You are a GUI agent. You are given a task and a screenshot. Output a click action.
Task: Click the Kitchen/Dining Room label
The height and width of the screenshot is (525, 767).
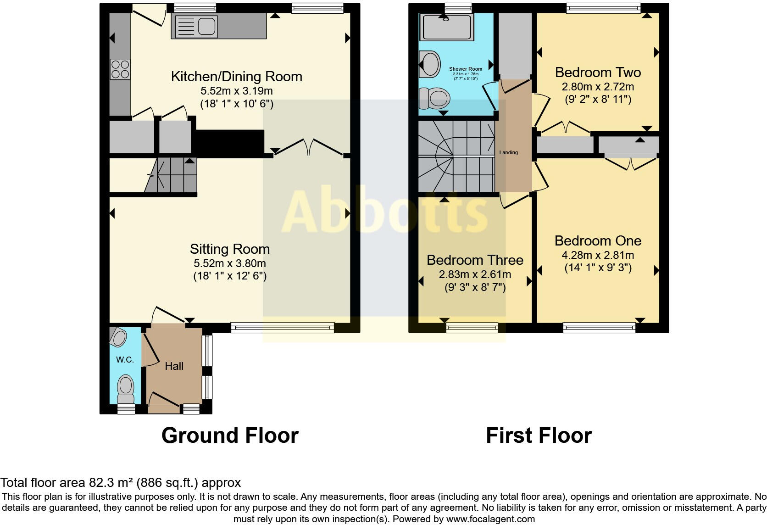236,76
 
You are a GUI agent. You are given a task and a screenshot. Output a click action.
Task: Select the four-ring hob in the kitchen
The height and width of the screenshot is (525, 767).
120,69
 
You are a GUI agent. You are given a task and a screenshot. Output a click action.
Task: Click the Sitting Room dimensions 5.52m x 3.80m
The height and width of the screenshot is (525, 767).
229,263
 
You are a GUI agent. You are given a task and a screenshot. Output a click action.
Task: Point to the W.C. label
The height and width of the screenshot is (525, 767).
125,360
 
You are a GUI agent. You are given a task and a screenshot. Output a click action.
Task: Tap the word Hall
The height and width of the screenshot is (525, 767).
174,366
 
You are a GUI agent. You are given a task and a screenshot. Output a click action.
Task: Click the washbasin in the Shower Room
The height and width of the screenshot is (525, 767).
429,64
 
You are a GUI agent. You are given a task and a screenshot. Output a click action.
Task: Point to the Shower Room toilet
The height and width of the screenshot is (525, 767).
434,98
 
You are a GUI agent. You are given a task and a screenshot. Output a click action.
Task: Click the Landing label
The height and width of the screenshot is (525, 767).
508,152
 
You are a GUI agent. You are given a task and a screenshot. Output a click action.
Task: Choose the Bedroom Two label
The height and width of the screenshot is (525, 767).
598,73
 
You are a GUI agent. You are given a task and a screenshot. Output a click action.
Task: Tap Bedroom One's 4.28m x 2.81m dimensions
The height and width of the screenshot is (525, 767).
598,255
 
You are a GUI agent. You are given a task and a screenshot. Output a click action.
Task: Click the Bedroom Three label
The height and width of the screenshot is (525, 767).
475,260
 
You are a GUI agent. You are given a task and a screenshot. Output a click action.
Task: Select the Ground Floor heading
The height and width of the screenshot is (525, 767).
230,435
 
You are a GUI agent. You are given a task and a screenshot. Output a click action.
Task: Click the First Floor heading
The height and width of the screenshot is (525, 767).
539,435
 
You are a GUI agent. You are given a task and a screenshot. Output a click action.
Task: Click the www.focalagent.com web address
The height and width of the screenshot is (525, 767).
490,519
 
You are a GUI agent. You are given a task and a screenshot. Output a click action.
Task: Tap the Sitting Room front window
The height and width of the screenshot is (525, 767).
283,327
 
